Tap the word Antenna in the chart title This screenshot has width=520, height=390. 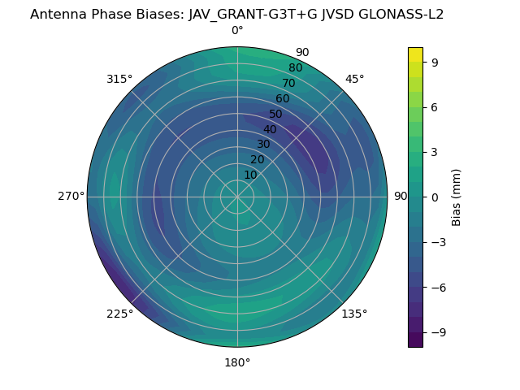click(x=58, y=14)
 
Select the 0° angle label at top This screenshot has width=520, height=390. click(x=237, y=31)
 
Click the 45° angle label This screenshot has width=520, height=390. click(x=354, y=79)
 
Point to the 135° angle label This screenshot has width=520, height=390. click(x=354, y=314)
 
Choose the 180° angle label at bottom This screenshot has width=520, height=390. click(x=237, y=362)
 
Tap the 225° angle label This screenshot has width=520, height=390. click(x=119, y=314)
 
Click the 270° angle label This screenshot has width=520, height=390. click(x=71, y=196)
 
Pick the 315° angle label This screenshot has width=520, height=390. click(x=119, y=79)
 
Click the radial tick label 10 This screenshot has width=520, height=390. click(x=250, y=175)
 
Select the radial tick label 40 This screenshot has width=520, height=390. click(x=270, y=129)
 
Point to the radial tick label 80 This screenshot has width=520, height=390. click(x=295, y=67)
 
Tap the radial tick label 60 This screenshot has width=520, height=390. click(x=282, y=98)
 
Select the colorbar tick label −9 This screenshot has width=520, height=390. click(x=438, y=332)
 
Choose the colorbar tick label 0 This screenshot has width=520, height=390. click(x=435, y=197)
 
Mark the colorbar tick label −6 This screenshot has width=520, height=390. click(x=438, y=288)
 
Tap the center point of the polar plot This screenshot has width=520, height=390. click(x=237, y=197)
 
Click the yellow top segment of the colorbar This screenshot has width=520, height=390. click(x=415, y=54)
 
